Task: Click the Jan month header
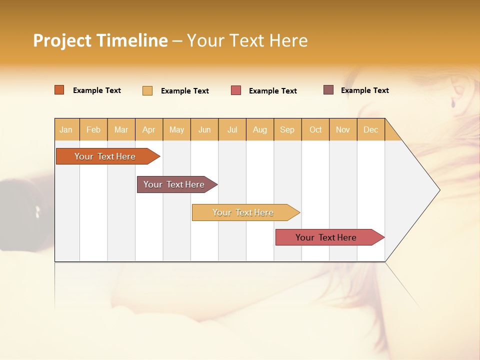coord(66,129)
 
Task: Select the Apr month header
coord(149,129)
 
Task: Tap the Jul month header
coord(232,129)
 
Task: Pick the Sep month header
coord(287,129)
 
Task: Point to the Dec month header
coord(371,129)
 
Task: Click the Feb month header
coord(93,129)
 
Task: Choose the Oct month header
coord(315,129)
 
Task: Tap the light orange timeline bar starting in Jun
coord(243,212)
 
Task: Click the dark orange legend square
coord(59,90)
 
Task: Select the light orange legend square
coord(147,90)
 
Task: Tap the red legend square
coord(236,90)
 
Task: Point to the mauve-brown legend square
coord(328,90)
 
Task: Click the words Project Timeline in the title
coord(100,40)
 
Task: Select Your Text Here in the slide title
coord(247,40)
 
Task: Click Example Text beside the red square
coord(273,91)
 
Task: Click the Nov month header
coord(343,129)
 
